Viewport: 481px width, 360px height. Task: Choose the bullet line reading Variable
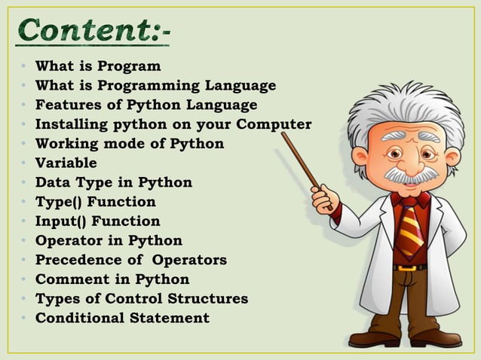click(x=66, y=163)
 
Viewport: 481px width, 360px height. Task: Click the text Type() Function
click(x=96, y=202)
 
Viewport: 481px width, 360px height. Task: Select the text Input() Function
click(x=98, y=221)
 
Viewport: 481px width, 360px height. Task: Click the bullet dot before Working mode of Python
click(x=25, y=144)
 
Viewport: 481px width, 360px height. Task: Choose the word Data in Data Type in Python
click(x=52, y=182)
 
